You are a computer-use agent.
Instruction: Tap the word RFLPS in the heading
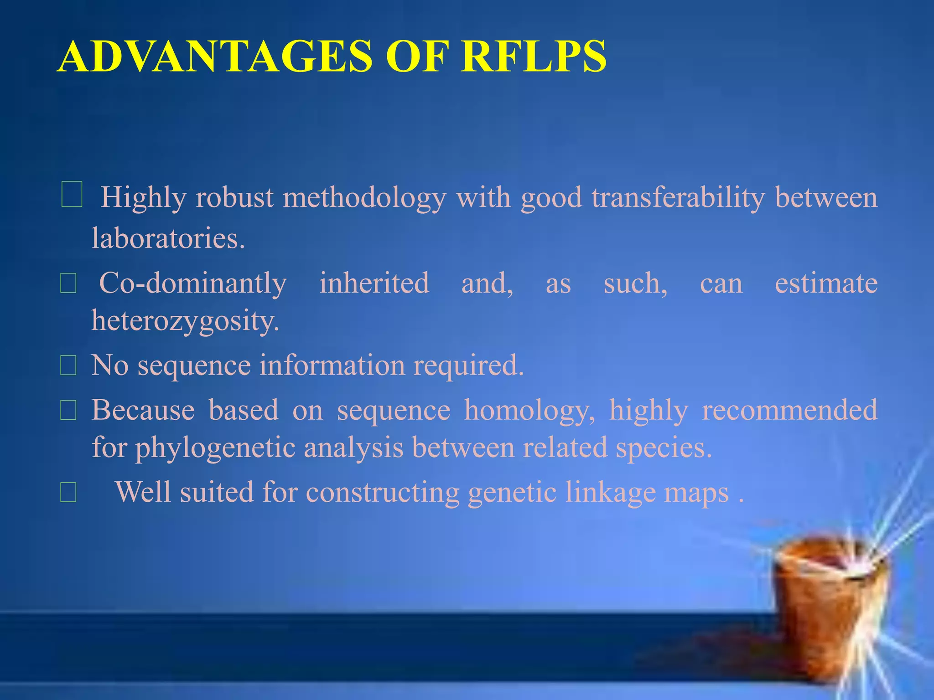533,57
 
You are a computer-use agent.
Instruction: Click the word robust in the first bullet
234,198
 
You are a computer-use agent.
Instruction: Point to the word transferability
678,198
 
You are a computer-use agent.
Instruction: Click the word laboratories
168,238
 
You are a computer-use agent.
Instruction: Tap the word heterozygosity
185,321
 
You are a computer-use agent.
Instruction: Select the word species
664,448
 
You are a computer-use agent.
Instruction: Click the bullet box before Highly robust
72,195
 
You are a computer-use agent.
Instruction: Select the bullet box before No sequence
68,366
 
